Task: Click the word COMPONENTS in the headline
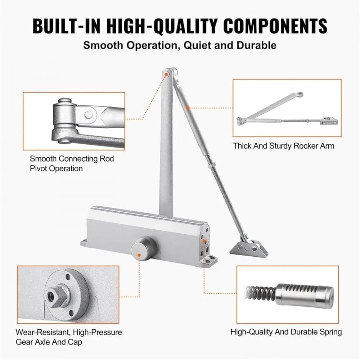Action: click(x=275, y=26)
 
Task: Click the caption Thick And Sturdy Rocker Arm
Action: click(x=284, y=146)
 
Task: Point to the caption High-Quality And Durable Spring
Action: click(x=286, y=332)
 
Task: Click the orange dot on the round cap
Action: click(x=139, y=255)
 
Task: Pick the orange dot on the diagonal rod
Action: click(x=188, y=108)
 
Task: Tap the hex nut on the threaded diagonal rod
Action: click(x=210, y=165)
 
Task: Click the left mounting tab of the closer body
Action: click(x=84, y=243)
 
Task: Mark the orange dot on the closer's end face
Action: click(x=204, y=241)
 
